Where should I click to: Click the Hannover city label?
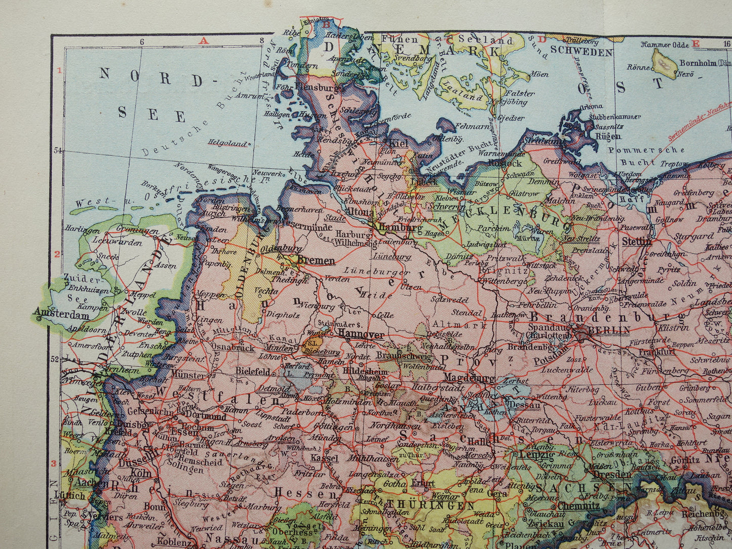tap(359, 335)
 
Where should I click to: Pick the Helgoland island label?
tap(229, 143)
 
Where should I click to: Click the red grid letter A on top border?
tap(204, 41)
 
